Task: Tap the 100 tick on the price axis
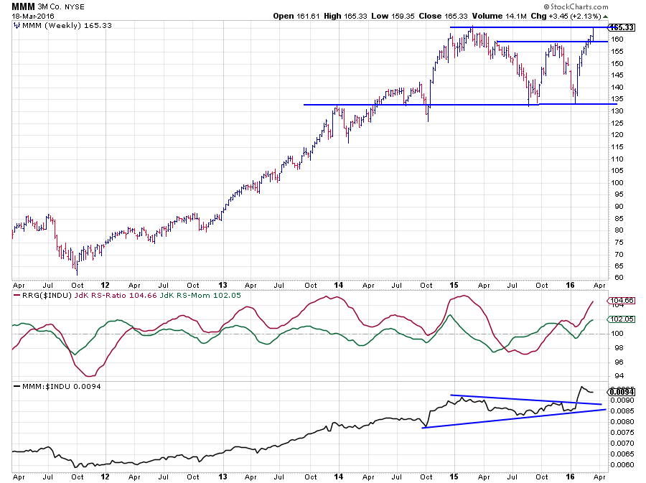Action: click(616, 182)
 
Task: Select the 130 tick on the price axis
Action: click(616, 111)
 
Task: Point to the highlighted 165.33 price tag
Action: click(622, 27)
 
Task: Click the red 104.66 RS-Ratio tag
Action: click(620, 301)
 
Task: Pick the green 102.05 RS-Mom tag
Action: click(620, 319)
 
